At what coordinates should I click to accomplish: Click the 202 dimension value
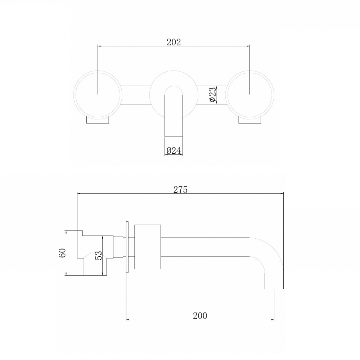174,42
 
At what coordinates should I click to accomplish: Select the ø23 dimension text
212,94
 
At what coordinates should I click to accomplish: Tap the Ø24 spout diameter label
174,151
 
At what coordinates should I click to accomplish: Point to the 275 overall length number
180,190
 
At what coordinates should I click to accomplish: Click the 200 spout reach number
200,316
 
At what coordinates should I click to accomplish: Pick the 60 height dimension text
62,253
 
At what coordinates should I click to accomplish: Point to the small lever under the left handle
98,121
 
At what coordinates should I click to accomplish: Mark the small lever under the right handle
249,121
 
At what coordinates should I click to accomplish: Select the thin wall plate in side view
127,247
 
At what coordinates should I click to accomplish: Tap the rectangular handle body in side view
147,247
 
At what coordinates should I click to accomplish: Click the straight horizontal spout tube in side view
205,247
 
